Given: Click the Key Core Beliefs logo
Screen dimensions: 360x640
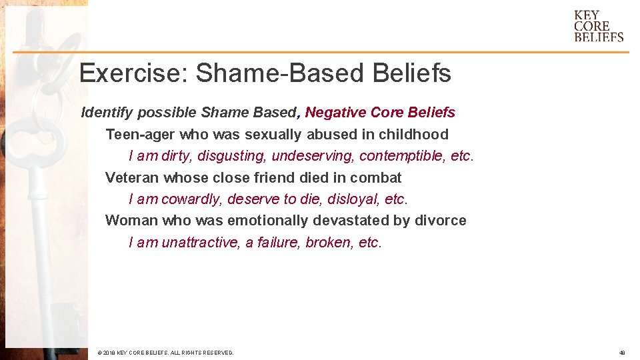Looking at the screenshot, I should click(599, 26).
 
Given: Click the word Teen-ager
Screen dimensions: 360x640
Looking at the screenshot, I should click(140, 135).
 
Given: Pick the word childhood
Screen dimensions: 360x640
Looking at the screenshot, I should click(413, 135).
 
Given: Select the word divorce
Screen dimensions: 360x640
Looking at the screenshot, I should click(443, 221).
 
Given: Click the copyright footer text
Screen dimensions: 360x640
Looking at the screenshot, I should click(165, 353).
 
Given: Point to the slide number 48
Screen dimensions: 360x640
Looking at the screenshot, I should click(621, 353).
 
